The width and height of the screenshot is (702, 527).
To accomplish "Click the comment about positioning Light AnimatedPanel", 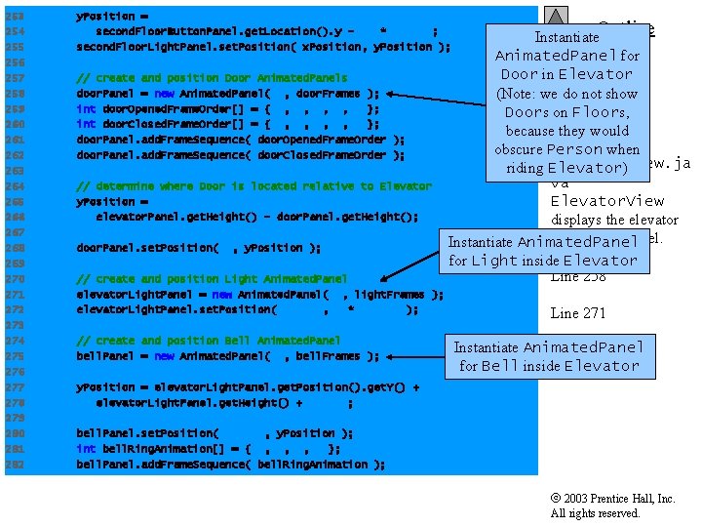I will coord(211,279).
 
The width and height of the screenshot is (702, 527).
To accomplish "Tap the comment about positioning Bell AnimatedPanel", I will coord(208,341).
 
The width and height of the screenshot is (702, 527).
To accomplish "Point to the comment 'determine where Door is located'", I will coord(253,186).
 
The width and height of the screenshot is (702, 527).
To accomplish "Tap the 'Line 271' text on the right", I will coord(578,313).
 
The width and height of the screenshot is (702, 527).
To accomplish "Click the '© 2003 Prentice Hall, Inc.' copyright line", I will coord(612,499).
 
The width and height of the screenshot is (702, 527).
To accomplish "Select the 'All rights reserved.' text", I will coord(595,513).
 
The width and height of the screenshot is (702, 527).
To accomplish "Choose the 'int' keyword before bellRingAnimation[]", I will coord(86,449).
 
